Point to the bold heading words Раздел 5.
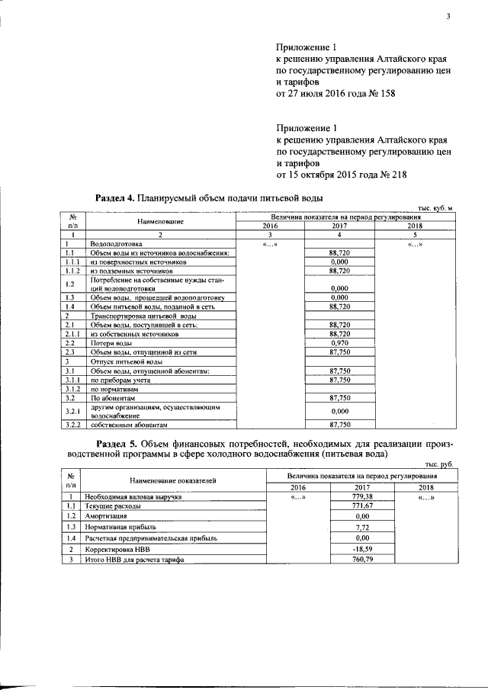tap(117, 444)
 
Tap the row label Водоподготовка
tap(116, 244)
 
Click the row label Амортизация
tap(107, 516)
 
